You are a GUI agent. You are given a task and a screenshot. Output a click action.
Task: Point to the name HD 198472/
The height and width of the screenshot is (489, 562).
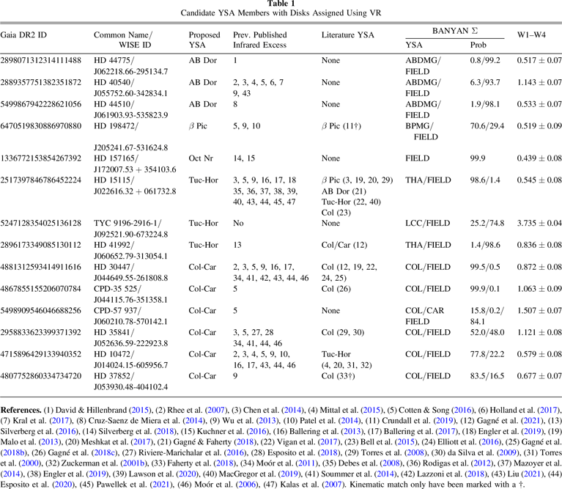(120, 125)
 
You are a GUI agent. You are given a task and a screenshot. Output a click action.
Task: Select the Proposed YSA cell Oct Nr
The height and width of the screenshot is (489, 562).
(202, 157)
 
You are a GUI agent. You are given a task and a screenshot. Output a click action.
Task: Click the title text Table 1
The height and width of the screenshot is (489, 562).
(281, 4)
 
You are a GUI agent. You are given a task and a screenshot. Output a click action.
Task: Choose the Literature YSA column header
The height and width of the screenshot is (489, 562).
(349, 36)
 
